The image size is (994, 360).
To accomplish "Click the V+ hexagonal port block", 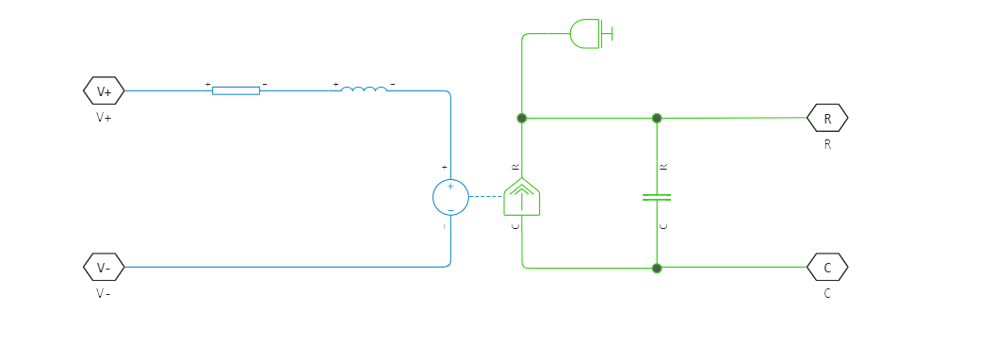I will pyautogui.click(x=104, y=91).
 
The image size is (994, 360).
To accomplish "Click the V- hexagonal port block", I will pyautogui.click(x=104, y=268).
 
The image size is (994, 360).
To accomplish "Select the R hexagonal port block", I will pyautogui.click(x=827, y=118).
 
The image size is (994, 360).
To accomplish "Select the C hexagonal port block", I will pyautogui.click(x=827, y=268).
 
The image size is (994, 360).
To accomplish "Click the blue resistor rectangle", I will pyautogui.click(x=236, y=90).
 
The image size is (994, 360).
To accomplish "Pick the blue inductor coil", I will pyautogui.click(x=364, y=90).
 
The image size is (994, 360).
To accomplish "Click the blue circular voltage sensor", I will pyautogui.click(x=450, y=197).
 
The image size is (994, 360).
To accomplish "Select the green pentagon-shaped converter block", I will pyautogui.click(x=521, y=197).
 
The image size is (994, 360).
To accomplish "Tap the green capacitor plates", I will pyautogui.click(x=657, y=197).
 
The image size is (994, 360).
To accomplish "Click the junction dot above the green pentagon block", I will pyautogui.click(x=522, y=118).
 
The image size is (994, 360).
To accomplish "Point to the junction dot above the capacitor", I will pyautogui.click(x=657, y=118).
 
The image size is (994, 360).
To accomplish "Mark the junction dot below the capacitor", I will pyautogui.click(x=657, y=269).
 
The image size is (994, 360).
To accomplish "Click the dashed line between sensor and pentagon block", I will pyautogui.click(x=486, y=197).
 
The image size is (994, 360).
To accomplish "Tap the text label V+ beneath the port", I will pyautogui.click(x=104, y=118).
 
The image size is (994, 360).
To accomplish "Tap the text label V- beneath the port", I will pyautogui.click(x=104, y=293).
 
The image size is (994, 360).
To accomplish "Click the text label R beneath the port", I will pyautogui.click(x=827, y=145).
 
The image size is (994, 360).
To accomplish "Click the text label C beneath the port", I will pyautogui.click(x=827, y=293).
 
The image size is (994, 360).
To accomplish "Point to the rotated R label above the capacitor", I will pyautogui.click(x=664, y=167).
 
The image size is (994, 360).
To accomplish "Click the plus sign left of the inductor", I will pyautogui.click(x=335, y=84).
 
